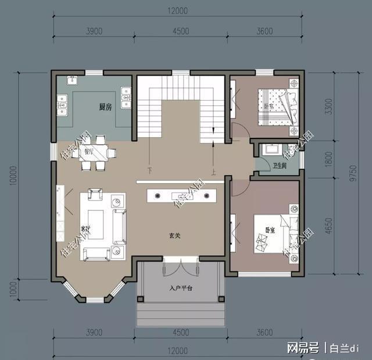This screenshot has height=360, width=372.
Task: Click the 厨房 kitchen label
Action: point(105,107)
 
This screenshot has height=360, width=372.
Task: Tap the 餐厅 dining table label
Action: point(89,151)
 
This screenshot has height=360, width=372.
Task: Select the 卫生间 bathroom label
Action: point(280,166)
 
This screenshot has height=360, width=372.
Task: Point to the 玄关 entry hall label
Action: point(175,236)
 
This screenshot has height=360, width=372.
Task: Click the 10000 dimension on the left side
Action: point(13,174)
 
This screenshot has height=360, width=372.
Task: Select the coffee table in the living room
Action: point(96,224)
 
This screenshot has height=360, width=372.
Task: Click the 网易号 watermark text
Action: point(304,348)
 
